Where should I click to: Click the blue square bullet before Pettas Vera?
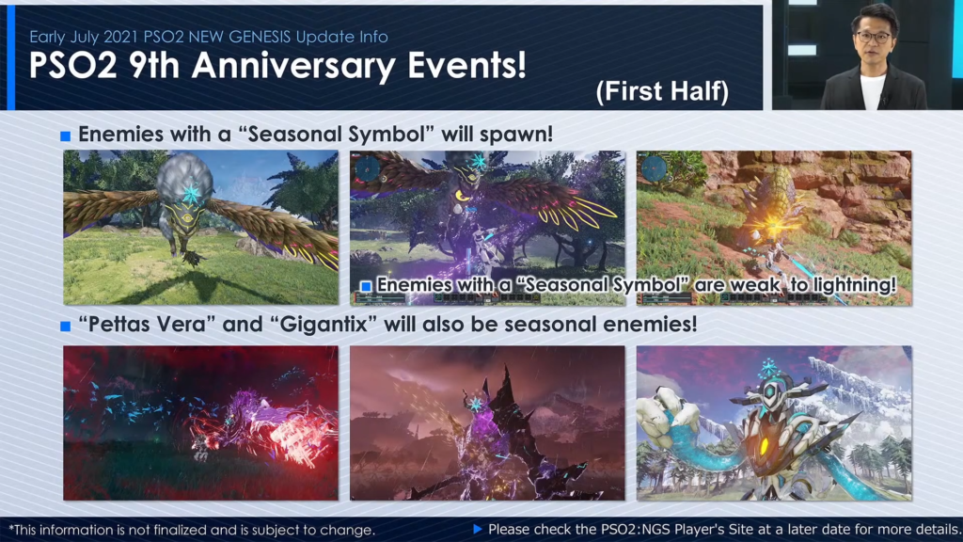(x=66, y=327)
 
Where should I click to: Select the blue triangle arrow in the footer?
(x=478, y=529)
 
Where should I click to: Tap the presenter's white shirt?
(x=872, y=90)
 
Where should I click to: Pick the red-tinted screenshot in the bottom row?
(x=200, y=422)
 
